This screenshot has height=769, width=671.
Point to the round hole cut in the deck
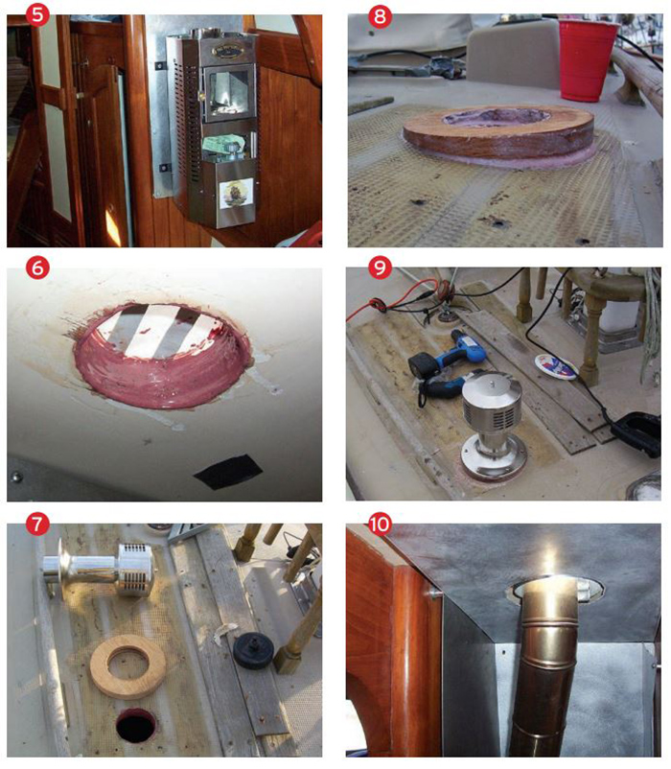tap(137, 727)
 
